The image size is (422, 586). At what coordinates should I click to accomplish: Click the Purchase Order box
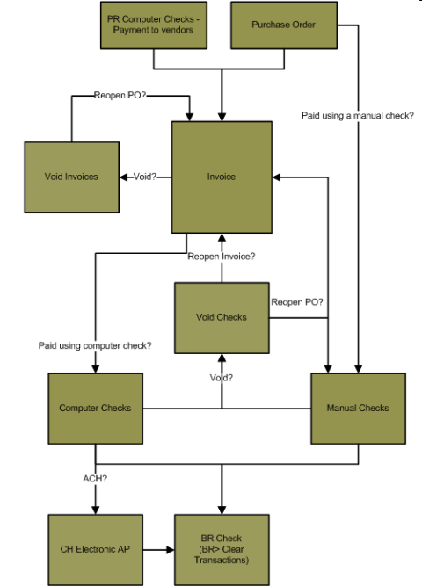pyautogui.click(x=284, y=25)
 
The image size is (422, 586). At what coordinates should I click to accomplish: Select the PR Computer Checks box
pyautogui.click(x=154, y=25)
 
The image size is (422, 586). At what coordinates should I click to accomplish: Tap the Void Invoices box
pyautogui.click(x=72, y=177)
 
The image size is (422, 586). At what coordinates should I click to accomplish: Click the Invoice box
pyautogui.click(x=222, y=177)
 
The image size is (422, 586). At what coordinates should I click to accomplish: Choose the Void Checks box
pyautogui.click(x=222, y=318)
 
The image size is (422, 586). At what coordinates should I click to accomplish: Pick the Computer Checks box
pyautogui.click(x=96, y=409)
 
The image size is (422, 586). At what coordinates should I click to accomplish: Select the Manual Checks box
pyautogui.click(x=359, y=409)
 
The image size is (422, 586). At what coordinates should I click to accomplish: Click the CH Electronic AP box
pyautogui.click(x=96, y=550)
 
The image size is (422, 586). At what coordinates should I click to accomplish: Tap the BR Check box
pyautogui.click(x=222, y=550)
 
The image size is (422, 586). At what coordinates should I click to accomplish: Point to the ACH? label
pyautogui.click(x=95, y=478)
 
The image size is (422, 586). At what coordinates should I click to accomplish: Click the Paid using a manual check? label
pyautogui.click(x=358, y=115)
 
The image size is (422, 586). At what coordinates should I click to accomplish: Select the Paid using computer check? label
pyautogui.click(x=95, y=345)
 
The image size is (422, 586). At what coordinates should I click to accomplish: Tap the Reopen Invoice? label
pyautogui.click(x=221, y=257)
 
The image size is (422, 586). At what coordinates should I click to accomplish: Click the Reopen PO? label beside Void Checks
pyautogui.click(x=297, y=302)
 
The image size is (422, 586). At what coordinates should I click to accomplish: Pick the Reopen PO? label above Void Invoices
pyautogui.click(x=120, y=95)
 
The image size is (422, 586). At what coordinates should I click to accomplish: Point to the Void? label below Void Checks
pyautogui.click(x=221, y=378)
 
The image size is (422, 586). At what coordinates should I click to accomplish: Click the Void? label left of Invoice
pyautogui.click(x=145, y=177)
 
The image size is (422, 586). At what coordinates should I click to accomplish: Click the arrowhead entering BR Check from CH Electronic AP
pyautogui.click(x=171, y=550)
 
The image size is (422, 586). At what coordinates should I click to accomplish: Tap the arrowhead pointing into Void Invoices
pyautogui.click(x=123, y=177)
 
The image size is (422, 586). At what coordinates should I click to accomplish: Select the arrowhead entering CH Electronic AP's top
pyautogui.click(x=96, y=510)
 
